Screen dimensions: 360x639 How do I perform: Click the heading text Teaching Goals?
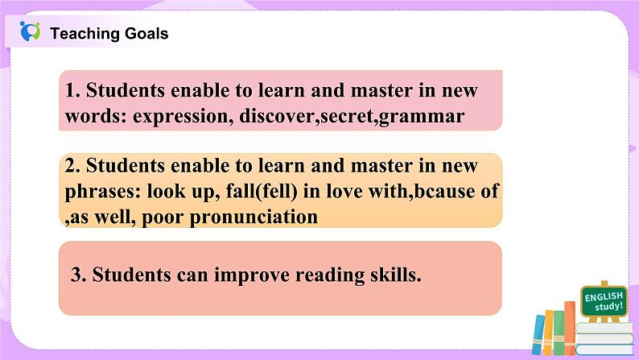(109, 33)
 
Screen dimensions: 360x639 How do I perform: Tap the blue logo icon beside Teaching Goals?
(31, 32)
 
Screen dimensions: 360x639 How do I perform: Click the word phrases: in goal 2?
(100, 192)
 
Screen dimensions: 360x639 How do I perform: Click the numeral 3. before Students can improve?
(79, 274)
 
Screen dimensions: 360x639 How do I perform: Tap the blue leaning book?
(541, 335)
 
